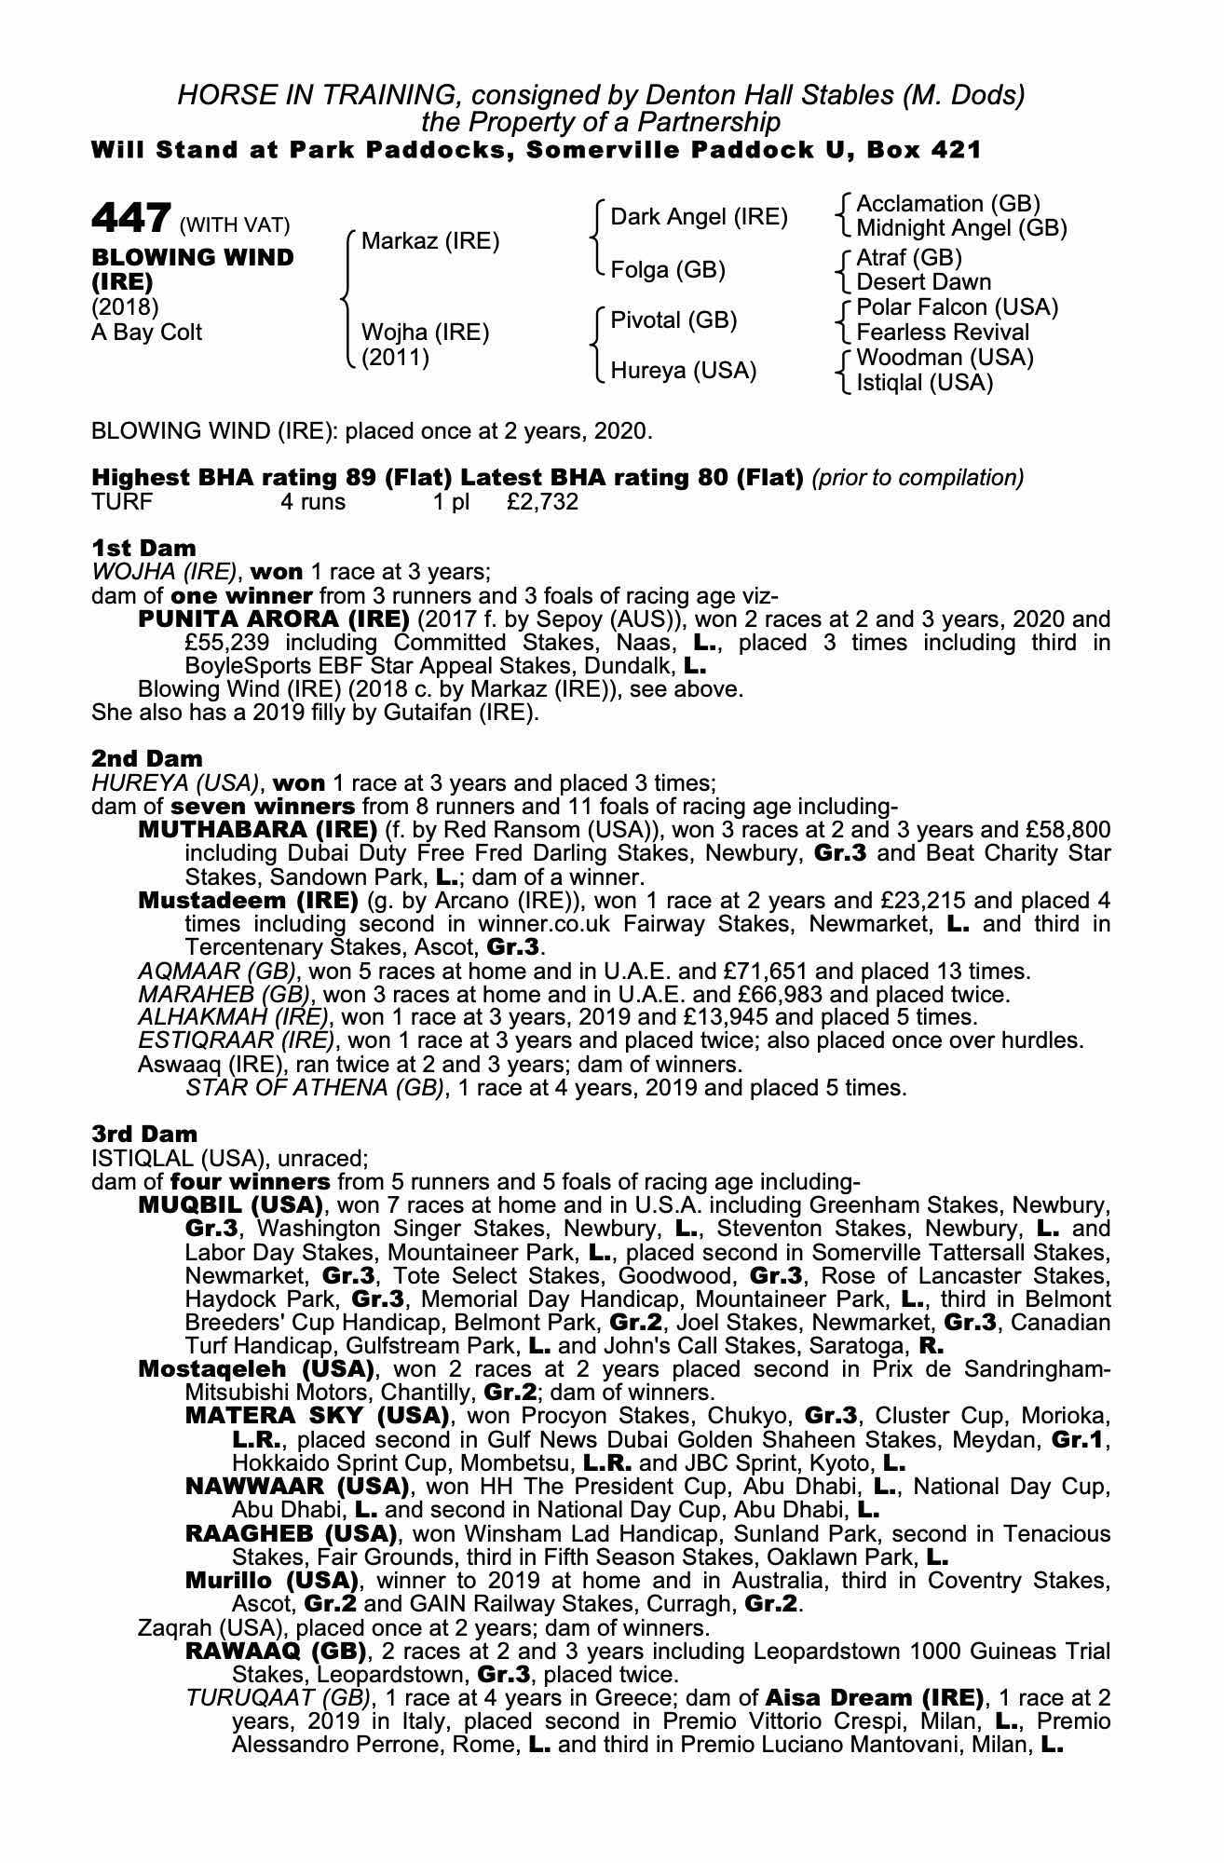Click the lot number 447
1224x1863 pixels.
click(130, 220)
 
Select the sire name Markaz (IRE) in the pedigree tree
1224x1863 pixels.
click(429, 241)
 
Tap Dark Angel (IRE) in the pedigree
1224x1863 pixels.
click(699, 217)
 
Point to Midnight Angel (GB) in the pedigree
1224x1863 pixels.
click(961, 228)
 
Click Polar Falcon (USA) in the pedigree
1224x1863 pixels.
click(957, 307)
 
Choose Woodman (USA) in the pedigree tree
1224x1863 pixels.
click(945, 358)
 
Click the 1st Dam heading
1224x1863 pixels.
click(143, 548)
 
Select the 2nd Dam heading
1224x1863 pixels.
click(146, 758)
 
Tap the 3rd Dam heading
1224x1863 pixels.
click(144, 1134)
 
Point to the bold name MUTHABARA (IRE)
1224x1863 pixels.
click(256, 829)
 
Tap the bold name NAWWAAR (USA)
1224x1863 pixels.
click(297, 1486)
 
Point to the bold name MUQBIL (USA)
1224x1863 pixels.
click(230, 1204)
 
